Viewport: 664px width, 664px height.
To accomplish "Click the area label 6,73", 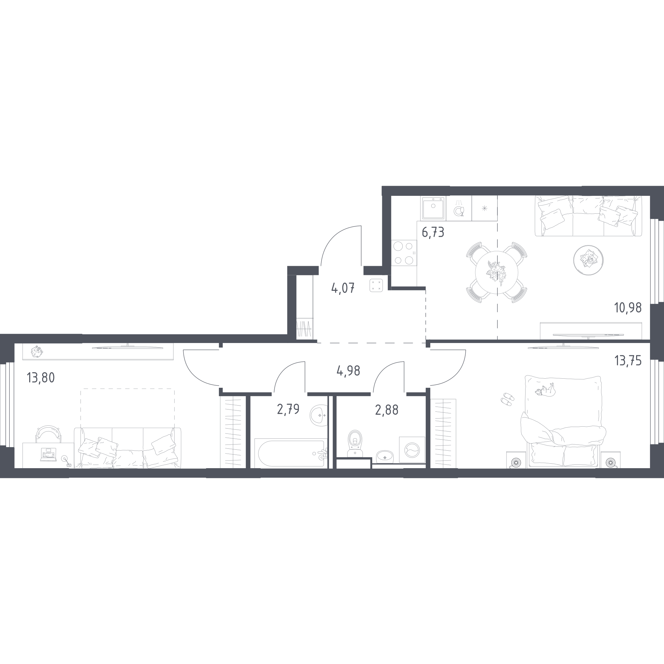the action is (433, 233).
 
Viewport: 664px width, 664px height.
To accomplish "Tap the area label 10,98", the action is (628, 308).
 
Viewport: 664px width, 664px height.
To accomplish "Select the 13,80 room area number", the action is (41, 378).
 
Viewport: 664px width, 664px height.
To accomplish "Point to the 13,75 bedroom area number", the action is (628, 361).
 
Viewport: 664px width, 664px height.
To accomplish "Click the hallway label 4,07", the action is (343, 288).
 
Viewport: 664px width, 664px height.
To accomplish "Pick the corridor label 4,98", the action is (349, 371).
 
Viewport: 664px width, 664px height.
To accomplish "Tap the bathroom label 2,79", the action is (288, 409).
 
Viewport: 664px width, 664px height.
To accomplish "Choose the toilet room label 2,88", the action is (387, 410).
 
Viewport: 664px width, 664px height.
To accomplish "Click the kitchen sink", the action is (433, 208).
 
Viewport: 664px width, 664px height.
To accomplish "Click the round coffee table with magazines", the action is (588, 260).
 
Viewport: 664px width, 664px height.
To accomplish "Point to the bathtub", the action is (291, 453).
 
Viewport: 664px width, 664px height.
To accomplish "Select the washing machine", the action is (412, 450).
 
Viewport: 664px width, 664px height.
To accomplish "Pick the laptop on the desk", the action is (48, 454).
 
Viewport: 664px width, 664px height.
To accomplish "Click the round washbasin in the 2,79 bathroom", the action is (319, 415).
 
